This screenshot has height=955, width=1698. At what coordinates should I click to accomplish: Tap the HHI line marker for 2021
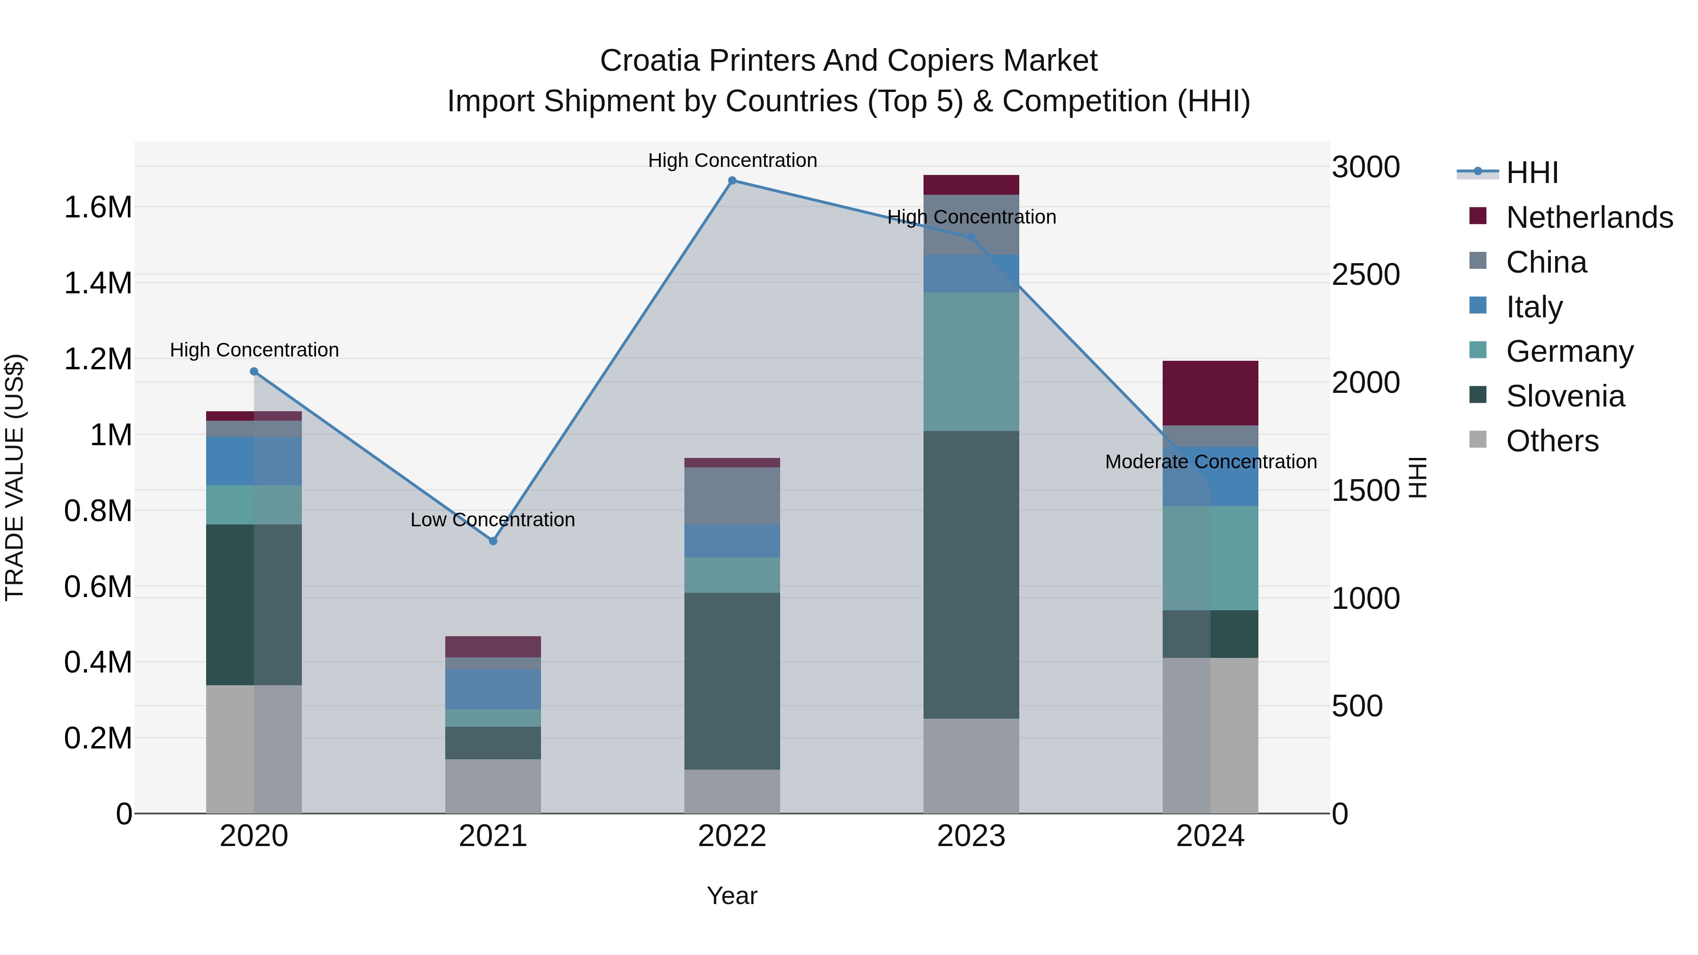pos(492,540)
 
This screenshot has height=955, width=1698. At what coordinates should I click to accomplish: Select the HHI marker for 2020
pos(254,372)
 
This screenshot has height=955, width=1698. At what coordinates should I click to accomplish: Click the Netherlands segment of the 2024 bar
pos(1210,393)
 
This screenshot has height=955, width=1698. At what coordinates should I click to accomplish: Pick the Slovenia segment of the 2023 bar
pos(971,575)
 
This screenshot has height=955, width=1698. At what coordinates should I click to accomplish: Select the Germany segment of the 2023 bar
pos(971,362)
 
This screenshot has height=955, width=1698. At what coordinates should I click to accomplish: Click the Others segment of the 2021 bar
pos(492,786)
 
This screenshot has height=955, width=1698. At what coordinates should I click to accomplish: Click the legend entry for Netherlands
pos(1589,217)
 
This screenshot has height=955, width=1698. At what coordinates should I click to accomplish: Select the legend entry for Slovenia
pos(1565,396)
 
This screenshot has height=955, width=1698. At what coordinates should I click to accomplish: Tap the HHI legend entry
pos(1531,173)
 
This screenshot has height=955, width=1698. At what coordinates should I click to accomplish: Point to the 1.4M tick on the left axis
pos(98,283)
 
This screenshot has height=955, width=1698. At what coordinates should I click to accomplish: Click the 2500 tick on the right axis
pos(1366,275)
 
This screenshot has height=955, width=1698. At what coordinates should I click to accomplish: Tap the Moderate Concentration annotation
pos(1210,462)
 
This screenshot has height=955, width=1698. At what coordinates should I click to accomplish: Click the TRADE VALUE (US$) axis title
pos(15,477)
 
